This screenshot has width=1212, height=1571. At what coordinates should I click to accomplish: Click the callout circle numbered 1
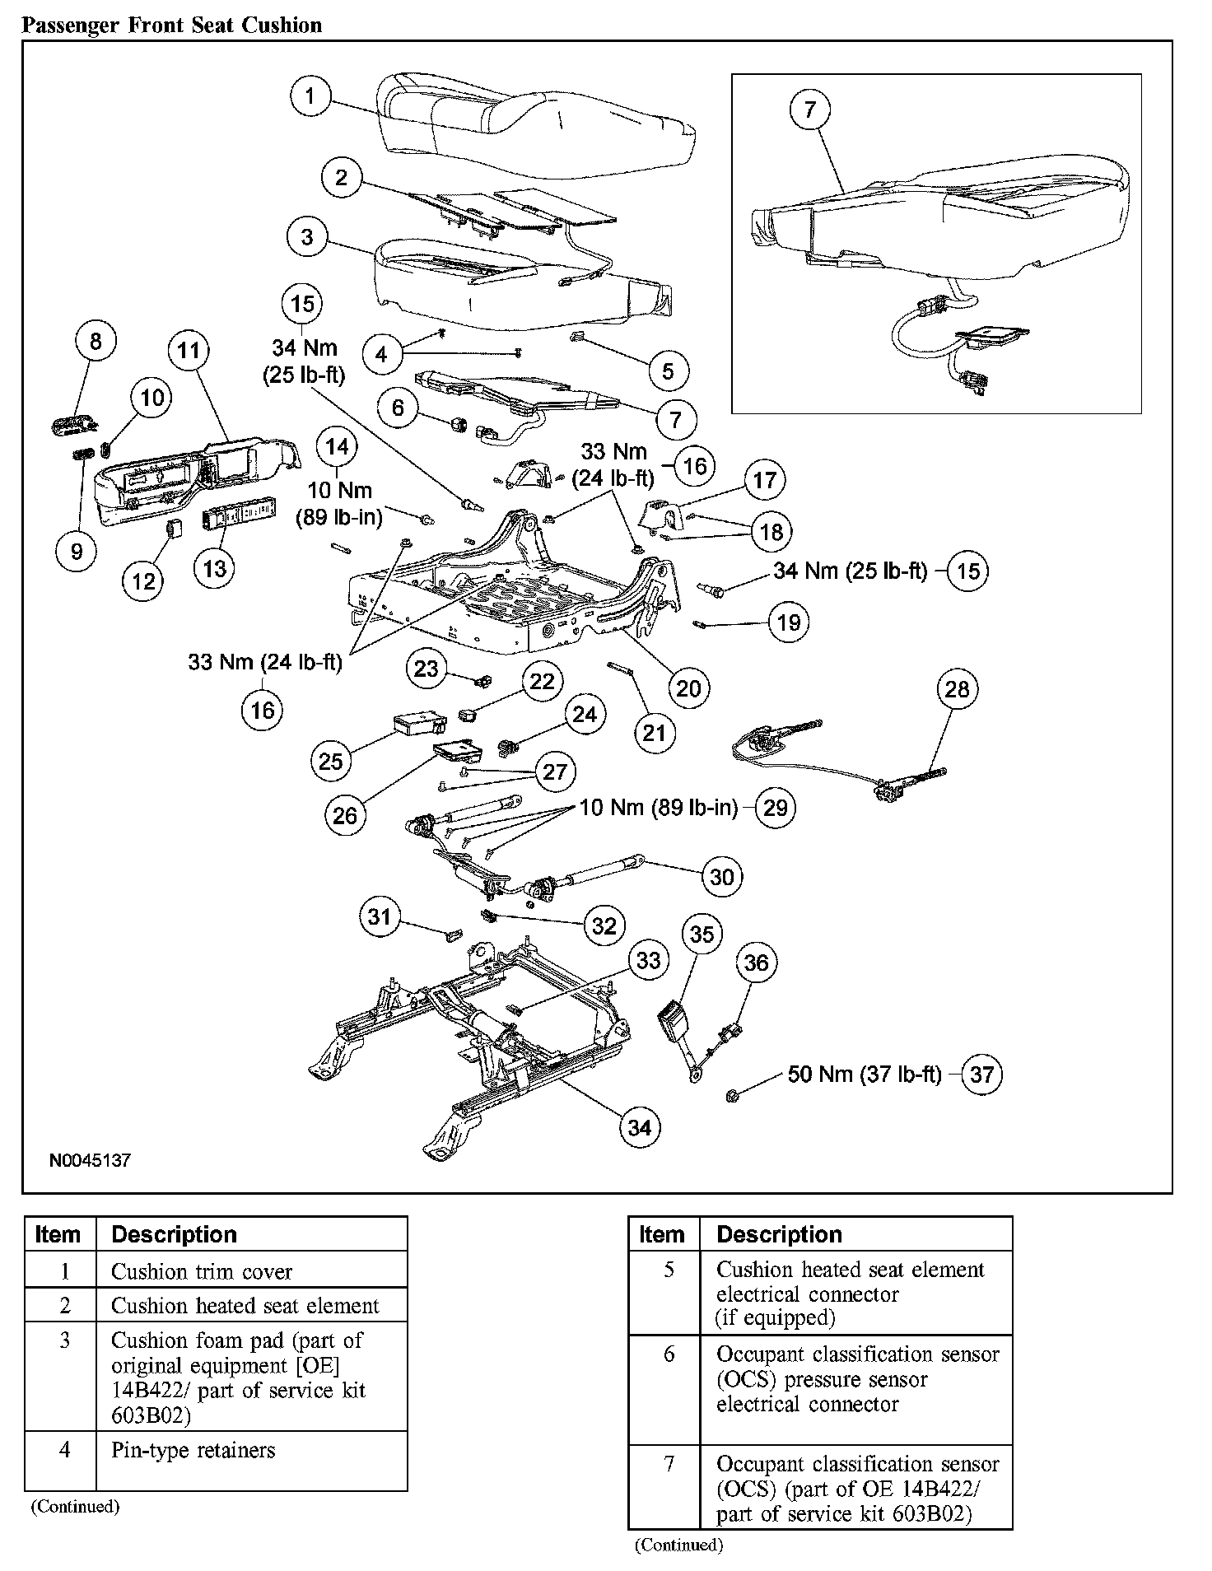coord(310,96)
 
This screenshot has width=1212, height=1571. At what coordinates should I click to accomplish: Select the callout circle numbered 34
coord(639,1127)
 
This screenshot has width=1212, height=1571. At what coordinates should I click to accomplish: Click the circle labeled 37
coord(981,1074)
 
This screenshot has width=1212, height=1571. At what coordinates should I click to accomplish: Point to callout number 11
coord(189,351)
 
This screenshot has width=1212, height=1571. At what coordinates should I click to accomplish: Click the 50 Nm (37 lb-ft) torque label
coord(864,1074)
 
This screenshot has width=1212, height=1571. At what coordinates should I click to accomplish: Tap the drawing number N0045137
coord(90,1161)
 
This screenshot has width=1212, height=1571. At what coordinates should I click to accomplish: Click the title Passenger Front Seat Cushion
coord(171,26)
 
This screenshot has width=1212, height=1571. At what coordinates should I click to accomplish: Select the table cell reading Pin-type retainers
coord(193,1450)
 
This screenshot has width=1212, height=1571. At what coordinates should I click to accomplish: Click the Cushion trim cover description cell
coord(202,1271)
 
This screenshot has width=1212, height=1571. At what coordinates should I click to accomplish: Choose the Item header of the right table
coord(661,1234)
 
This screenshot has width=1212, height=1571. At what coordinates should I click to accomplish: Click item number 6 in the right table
coord(669,1354)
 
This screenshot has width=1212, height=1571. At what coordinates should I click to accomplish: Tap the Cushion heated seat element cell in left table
coord(245,1306)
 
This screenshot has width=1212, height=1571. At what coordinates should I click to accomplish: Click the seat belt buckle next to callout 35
coord(678,1024)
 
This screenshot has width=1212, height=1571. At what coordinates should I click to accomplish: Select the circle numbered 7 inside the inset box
coord(809,109)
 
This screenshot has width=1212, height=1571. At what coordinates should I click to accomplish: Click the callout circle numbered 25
coord(330,760)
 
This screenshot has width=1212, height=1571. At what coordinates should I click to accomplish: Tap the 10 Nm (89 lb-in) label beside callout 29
coord(659,807)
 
